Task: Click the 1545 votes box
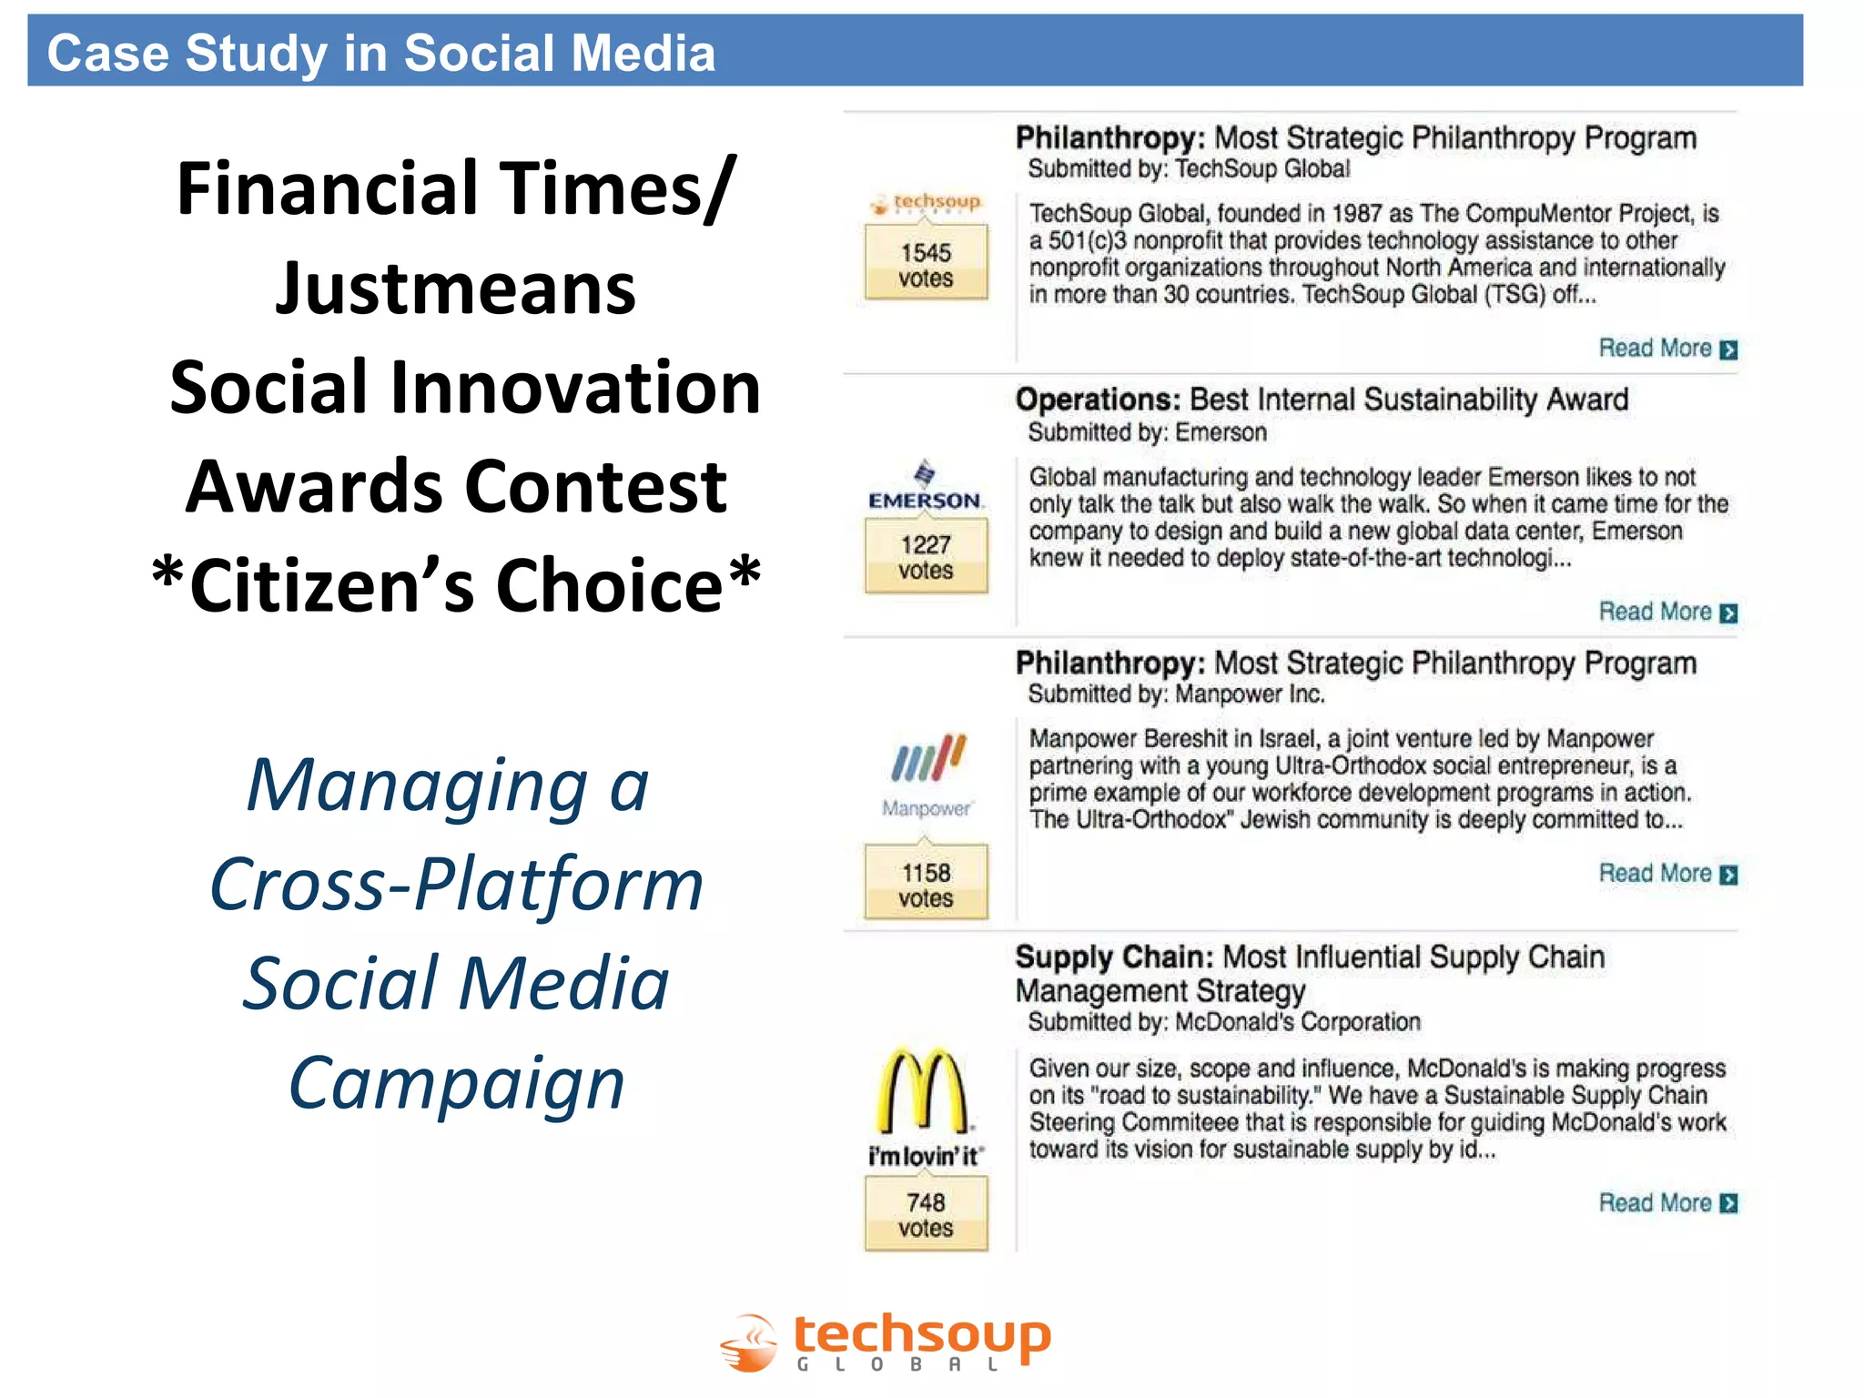(x=926, y=265)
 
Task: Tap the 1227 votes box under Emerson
(x=926, y=557)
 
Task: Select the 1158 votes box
(x=926, y=885)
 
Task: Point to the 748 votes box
(x=926, y=1214)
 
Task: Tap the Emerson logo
(x=925, y=487)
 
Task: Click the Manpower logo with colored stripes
(x=927, y=774)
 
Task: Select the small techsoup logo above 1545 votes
(x=926, y=202)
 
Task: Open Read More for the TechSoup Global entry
(x=1667, y=349)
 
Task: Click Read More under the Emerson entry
(x=1667, y=612)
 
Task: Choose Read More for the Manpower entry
(x=1667, y=874)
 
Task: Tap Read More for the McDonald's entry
(x=1667, y=1203)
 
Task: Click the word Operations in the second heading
(x=1097, y=400)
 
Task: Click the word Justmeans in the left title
(x=455, y=289)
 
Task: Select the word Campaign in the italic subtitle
(x=456, y=1083)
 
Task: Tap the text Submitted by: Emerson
(x=1147, y=432)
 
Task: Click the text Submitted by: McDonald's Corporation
(x=1223, y=1022)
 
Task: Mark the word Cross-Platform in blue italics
(x=456, y=884)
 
